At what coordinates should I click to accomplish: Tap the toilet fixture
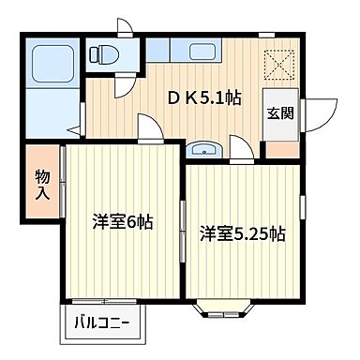103,54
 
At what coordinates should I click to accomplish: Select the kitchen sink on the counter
200,52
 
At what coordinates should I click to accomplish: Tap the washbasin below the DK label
202,147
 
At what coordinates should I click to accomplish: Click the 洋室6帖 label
122,223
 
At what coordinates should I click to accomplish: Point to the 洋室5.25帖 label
241,235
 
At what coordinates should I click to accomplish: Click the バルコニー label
103,325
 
